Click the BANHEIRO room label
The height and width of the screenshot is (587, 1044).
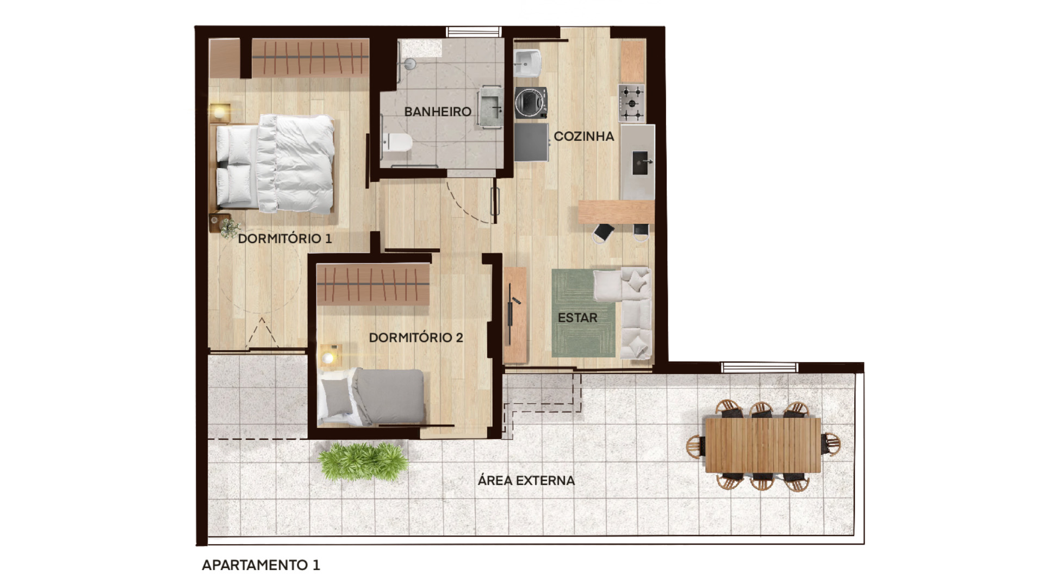point(438,112)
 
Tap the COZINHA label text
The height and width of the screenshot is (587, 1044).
point(583,136)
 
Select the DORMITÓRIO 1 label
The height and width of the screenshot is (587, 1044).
point(284,239)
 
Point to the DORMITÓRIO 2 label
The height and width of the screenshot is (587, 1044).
point(416,338)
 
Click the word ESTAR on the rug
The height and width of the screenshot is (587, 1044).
point(577,318)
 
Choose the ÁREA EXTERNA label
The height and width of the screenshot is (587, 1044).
point(526,481)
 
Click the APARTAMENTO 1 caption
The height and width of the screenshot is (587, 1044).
point(261,565)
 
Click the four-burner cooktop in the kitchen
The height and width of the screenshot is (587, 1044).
point(632,103)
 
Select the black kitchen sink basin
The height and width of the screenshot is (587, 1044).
point(641,163)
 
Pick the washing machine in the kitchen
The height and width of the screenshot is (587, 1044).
point(530,102)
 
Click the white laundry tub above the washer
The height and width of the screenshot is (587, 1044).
point(526,64)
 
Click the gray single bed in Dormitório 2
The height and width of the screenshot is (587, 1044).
point(375,397)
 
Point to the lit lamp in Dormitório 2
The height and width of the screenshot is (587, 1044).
point(328,357)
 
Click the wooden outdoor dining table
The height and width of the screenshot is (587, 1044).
point(763,445)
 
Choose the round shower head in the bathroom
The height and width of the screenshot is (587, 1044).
point(409,64)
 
